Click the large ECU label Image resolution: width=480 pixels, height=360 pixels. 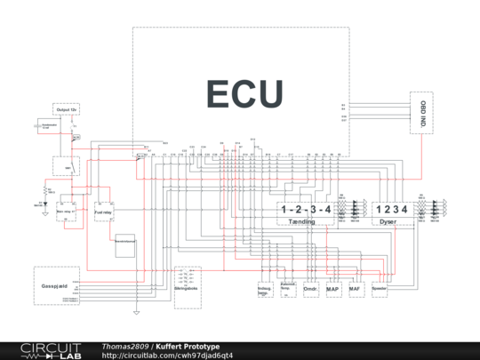point(245,93)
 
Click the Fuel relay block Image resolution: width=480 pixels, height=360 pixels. point(105,212)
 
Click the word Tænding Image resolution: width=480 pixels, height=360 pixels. point(306,223)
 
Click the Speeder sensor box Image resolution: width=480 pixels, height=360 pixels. point(380,289)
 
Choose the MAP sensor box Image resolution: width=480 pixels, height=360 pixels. point(333,289)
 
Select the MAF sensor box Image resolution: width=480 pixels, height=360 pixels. point(356,289)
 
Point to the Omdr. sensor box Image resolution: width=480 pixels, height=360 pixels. point(311,289)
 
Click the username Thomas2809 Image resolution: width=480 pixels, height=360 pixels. point(125,346)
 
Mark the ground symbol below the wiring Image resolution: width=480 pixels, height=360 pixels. point(135,312)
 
